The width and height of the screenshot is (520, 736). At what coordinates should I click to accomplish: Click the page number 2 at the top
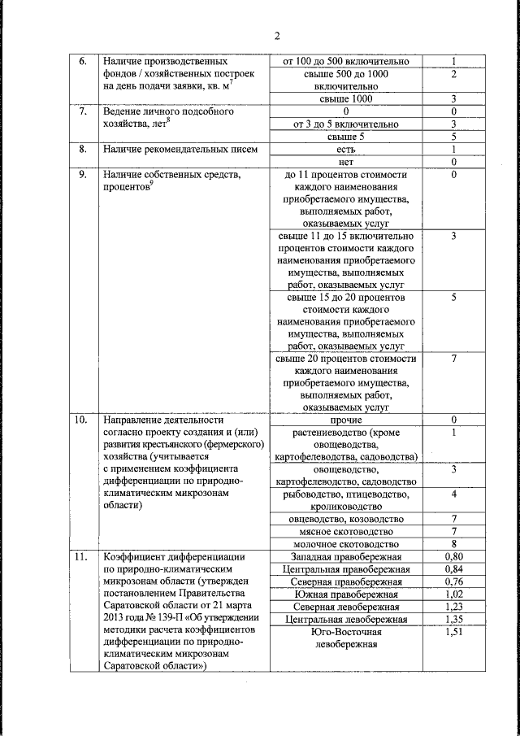tap(276, 36)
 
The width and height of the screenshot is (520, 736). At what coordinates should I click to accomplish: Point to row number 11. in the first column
tap(81, 557)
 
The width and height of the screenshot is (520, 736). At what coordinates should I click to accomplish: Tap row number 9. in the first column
tap(82, 175)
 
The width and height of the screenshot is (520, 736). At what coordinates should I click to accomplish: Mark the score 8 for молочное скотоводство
tap(454, 544)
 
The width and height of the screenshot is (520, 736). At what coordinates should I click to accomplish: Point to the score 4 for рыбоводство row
tap(454, 494)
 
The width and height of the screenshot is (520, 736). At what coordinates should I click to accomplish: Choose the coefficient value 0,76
tap(454, 581)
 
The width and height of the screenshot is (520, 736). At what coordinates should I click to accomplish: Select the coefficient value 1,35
tap(454, 620)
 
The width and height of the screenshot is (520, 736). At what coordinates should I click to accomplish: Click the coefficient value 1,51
tap(454, 632)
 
